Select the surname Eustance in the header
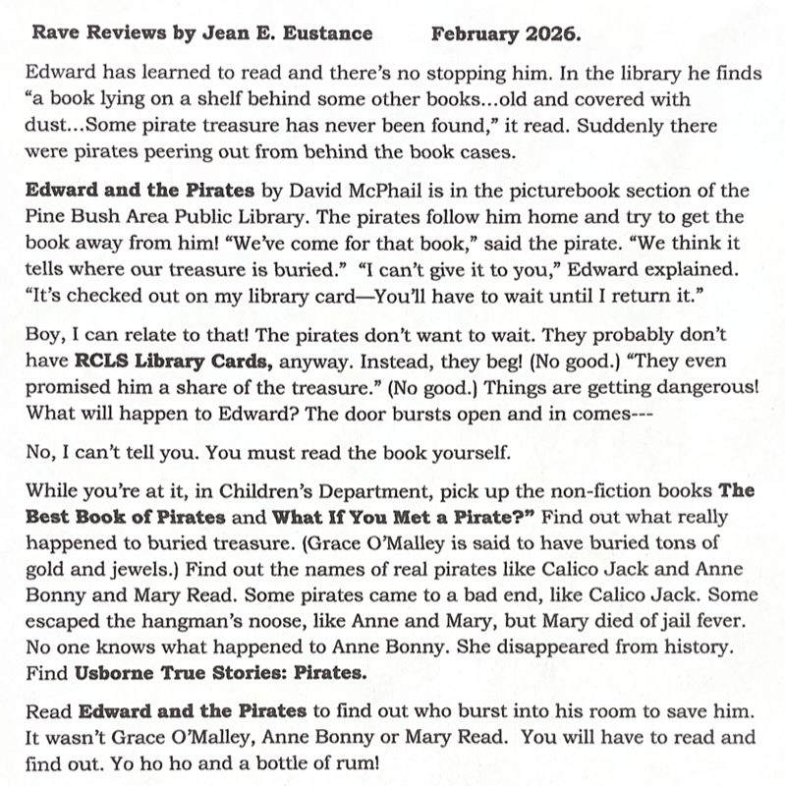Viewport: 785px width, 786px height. [328, 34]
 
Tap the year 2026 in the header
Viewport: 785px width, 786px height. [556, 34]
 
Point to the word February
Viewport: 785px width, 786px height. [477, 34]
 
